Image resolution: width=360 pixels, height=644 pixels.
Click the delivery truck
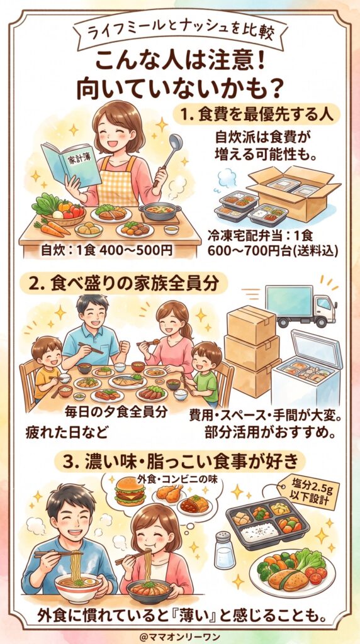click(301, 305)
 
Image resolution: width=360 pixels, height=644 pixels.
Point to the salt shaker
click(225, 550)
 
